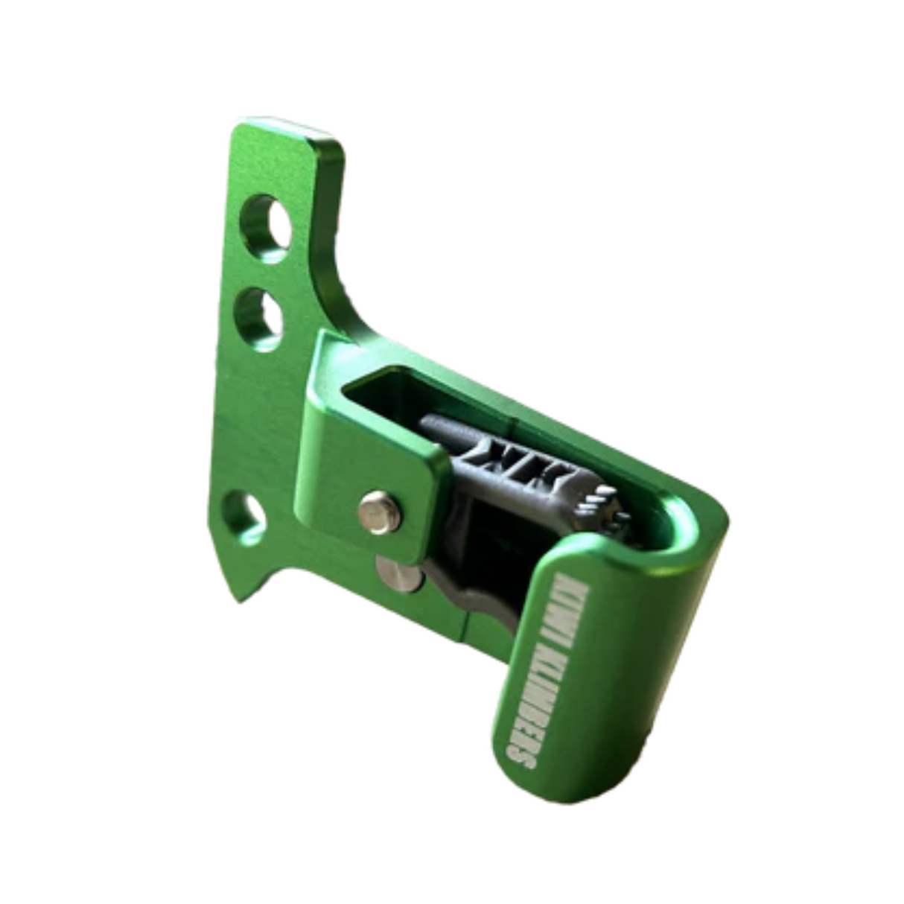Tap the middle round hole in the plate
[x=258, y=320]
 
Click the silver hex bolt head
[x=380, y=512]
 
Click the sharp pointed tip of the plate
[x=238, y=600]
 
